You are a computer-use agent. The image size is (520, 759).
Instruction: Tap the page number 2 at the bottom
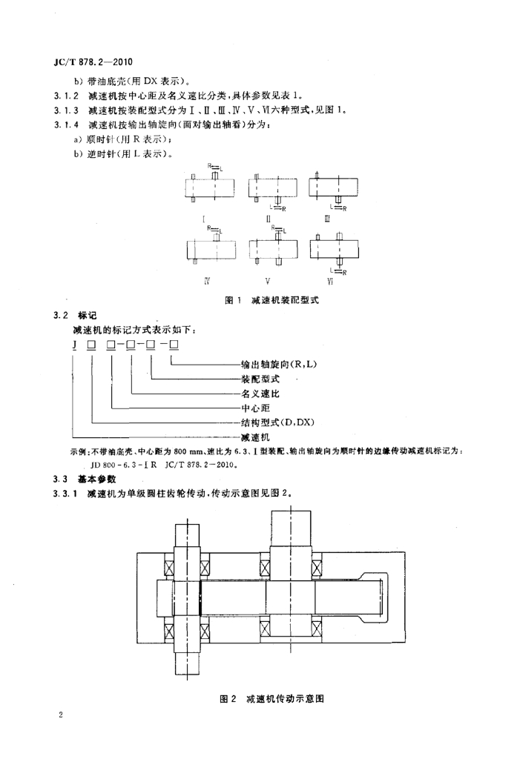click(60, 715)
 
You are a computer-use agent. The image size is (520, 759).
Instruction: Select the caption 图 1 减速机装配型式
click(272, 300)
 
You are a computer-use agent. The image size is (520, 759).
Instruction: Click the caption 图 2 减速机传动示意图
click(272, 698)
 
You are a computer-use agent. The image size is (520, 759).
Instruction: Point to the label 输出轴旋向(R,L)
click(279, 364)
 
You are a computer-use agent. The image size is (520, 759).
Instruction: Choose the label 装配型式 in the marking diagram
click(260, 379)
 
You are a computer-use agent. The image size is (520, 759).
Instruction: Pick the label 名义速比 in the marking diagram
click(260, 393)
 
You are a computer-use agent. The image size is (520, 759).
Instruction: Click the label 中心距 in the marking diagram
click(255, 408)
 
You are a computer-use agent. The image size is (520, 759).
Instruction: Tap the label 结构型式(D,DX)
click(277, 422)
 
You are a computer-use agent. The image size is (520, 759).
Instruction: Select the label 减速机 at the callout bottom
click(255, 437)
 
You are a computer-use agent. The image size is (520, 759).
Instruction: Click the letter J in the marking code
click(74, 345)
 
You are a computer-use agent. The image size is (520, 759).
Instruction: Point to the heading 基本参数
click(97, 480)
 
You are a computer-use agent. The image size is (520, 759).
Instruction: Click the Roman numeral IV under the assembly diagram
click(207, 281)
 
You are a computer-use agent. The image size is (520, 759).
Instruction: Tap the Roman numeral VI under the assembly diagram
click(330, 281)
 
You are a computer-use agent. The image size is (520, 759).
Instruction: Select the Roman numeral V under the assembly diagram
click(268, 281)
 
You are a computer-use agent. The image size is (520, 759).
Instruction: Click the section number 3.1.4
click(66, 125)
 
